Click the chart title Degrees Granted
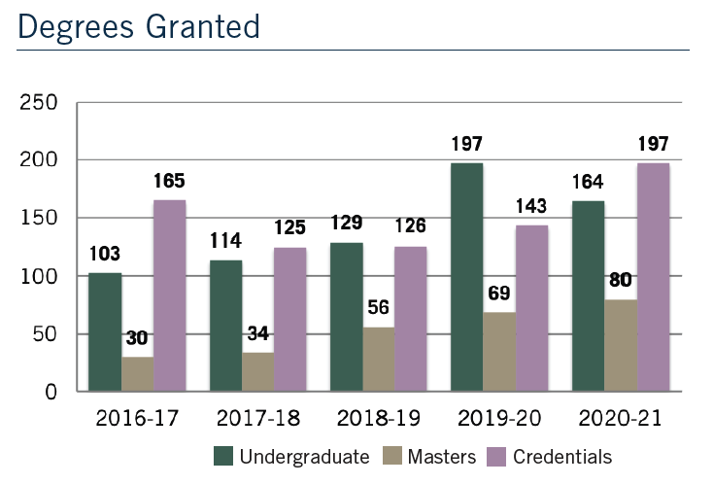click(x=139, y=25)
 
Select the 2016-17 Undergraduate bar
click(x=105, y=332)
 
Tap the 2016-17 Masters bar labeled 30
click(x=138, y=374)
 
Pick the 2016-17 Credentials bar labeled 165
click(x=170, y=296)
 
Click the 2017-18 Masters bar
click(x=258, y=372)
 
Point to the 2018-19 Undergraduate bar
click(x=347, y=317)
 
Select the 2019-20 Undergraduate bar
click(x=467, y=278)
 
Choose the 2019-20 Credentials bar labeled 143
click(x=531, y=309)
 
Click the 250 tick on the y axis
click(x=40, y=102)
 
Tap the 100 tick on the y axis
click(x=40, y=276)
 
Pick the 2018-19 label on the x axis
click(x=379, y=419)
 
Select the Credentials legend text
click(x=562, y=456)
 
